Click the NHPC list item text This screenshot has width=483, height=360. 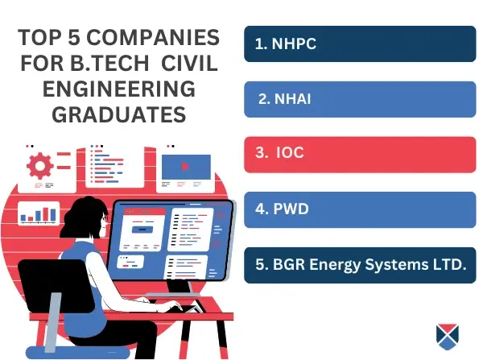coord(286,43)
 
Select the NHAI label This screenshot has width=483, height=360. coord(285,99)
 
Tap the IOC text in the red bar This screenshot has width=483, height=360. coord(279,152)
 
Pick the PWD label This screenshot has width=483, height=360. coord(282,209)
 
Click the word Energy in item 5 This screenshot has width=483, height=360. coord(335,265)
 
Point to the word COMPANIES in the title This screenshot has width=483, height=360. coord(153,37)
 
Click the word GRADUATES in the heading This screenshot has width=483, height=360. coord(119,114)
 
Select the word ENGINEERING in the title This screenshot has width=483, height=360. coord(119,89)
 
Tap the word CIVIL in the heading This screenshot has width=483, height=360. coord(189,63)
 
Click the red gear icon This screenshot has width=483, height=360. coord(40,166)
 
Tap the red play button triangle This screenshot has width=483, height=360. coord(185,167)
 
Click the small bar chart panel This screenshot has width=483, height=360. coord(39,213)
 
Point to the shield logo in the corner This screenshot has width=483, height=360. coord(448,337)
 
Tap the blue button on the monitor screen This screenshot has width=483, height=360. coord(142,230)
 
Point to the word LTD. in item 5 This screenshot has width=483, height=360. coord(450,264)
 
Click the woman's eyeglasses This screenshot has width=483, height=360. coord(105,218)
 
